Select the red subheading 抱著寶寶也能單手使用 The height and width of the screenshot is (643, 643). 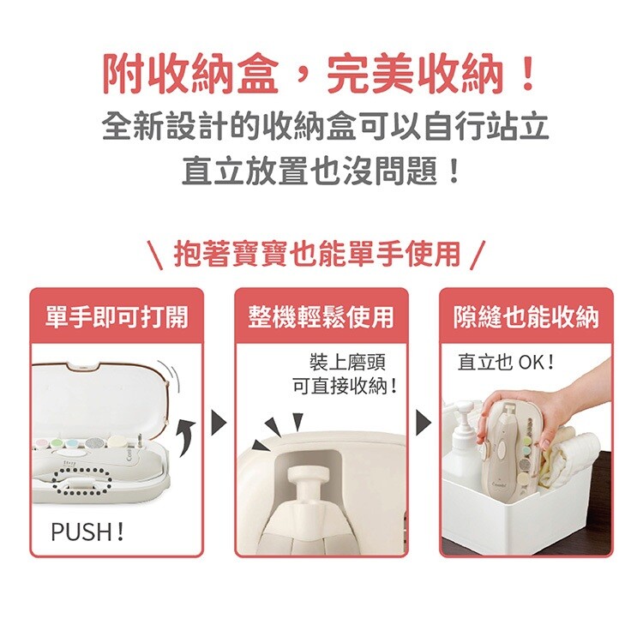coord(317,255)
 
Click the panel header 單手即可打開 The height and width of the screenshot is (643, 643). coord(117,316)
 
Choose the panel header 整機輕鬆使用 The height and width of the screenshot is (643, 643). coord(321,316)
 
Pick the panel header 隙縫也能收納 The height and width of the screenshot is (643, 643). coord(526,316)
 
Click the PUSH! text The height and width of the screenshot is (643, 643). coord(87,532)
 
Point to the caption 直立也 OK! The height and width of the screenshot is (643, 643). coord(506,362)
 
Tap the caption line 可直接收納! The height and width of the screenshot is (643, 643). coord(345,386)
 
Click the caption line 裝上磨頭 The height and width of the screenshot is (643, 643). coord(347,362)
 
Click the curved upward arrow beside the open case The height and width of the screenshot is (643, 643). coord(186,437)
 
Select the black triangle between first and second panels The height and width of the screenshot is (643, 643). coord(219,422)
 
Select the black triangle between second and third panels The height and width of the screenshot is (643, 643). coord(424,422)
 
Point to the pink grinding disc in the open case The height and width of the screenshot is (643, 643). coord(42,444)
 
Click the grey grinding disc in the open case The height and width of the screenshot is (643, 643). coord(94,443)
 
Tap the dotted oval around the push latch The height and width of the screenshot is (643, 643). coord(82,482)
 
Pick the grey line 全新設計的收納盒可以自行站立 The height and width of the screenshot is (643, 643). coord(325,125)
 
